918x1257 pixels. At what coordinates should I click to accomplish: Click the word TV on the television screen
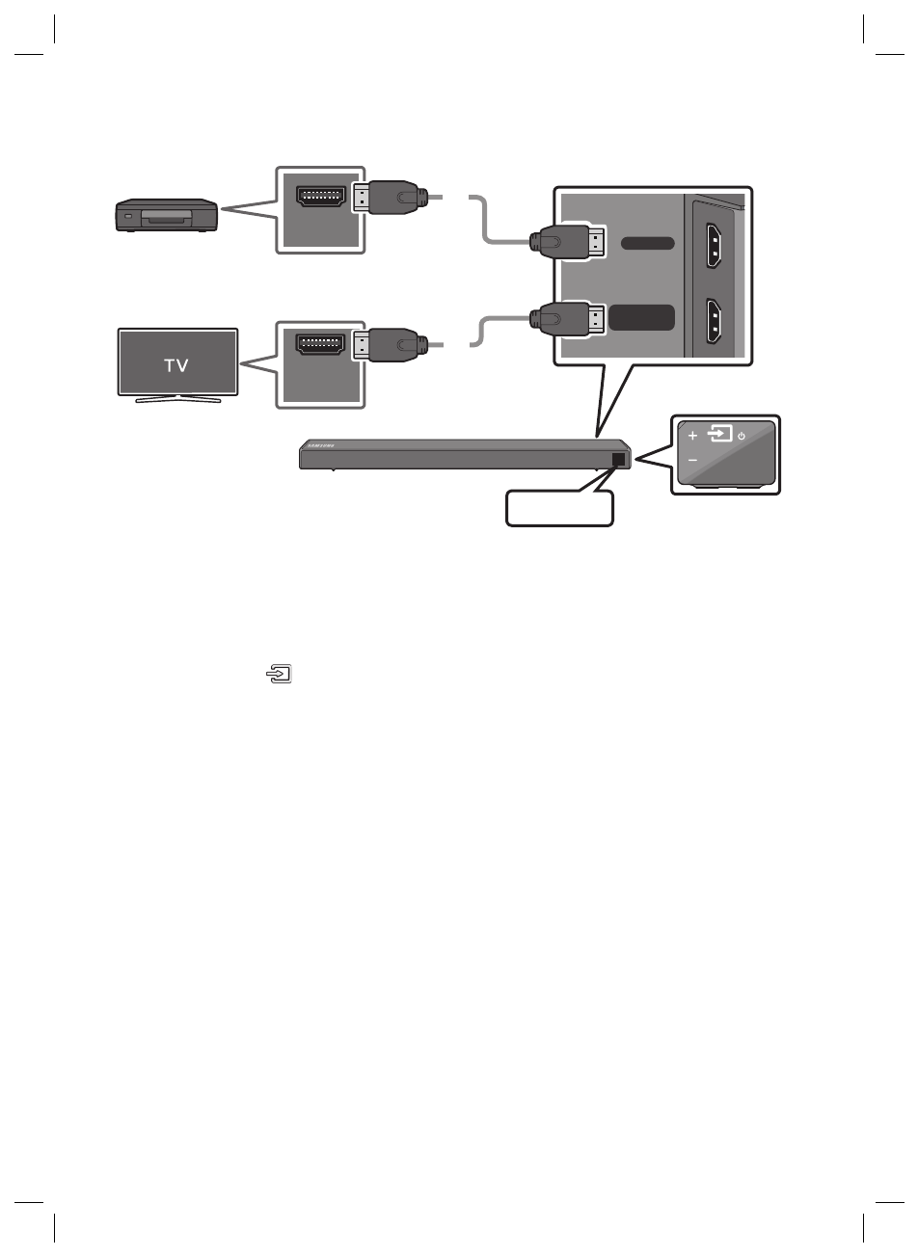pos(175,365)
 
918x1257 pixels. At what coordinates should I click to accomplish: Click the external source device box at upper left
pos(166,215)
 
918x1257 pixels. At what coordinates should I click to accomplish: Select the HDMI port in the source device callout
pos(319,199)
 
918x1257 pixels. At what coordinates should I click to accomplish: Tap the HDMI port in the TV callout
pos(319,343)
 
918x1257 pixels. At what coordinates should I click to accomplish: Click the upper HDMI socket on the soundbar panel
pos(714,245)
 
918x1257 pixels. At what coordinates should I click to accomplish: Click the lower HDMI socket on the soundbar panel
pos(714,322)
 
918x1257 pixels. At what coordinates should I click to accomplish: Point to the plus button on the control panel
pos(692,436)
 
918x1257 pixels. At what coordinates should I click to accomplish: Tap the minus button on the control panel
pos(692,460)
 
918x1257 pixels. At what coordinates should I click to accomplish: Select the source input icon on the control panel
pos(719,434)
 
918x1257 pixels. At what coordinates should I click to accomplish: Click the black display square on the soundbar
pos(619,460)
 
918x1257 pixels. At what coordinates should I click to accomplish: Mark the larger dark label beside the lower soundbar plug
pos(644,317)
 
